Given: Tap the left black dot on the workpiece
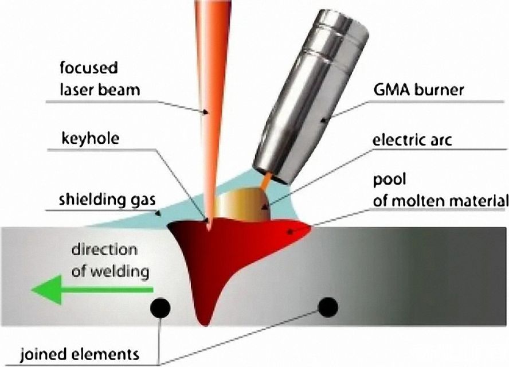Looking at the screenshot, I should click(x=160, y=309).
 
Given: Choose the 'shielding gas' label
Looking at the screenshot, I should click(x=103, y=201).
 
